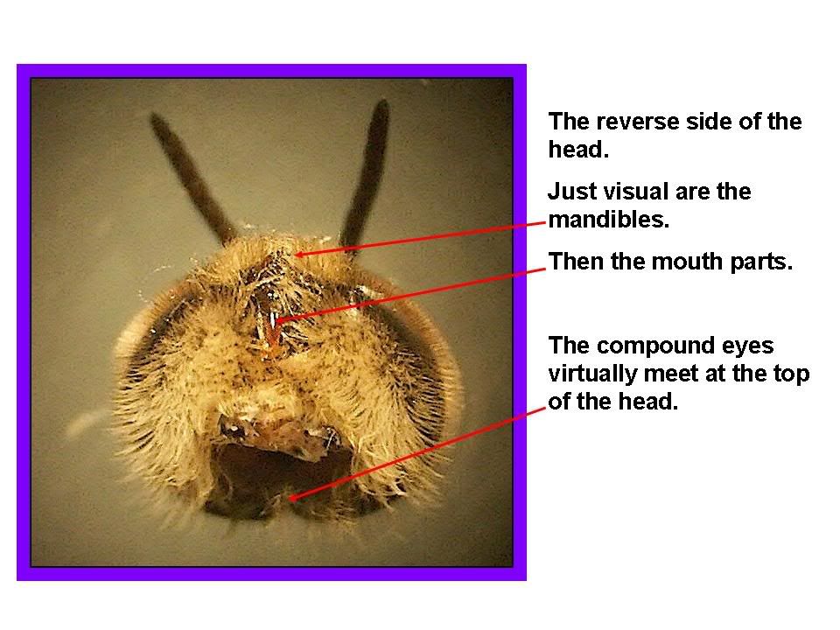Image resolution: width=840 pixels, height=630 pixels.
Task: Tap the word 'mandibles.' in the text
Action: point(609,220)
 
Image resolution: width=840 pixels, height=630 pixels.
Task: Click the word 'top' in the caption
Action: point(791,374)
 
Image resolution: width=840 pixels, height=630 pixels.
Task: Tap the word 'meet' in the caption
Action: point(672,374)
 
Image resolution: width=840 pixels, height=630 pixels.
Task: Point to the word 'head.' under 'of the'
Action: point(648,402)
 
